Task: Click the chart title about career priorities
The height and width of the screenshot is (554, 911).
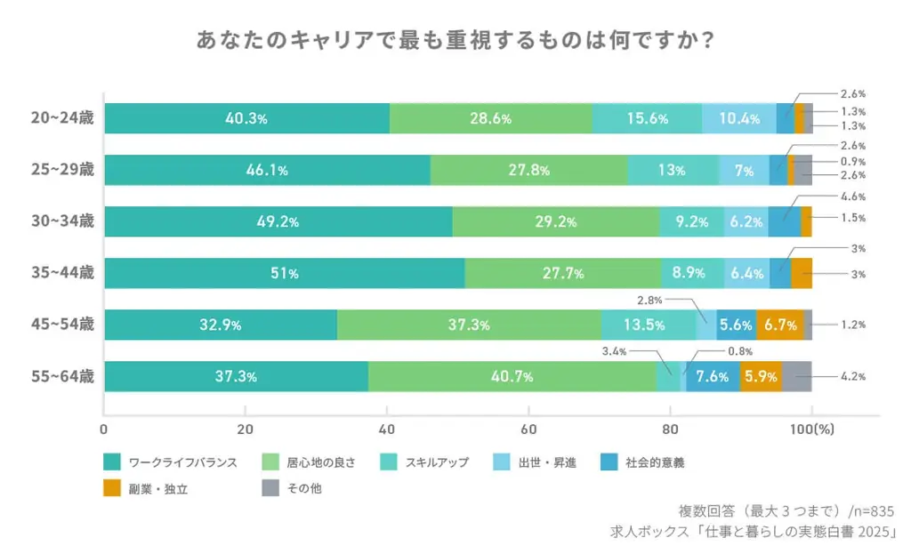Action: [x=455, y=42]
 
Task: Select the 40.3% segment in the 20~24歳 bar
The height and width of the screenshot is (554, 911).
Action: [x=246, y=118]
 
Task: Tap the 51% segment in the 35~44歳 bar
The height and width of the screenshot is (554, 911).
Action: [x=284, y=273]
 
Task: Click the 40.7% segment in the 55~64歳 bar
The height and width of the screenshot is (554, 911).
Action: [x=512, y=376]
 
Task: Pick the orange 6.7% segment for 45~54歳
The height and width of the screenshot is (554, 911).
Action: [x=779, y=325]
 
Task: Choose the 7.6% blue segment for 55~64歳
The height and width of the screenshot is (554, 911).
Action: [x=713, y=376]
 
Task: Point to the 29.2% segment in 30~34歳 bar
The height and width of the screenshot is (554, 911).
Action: [x=555, y=221]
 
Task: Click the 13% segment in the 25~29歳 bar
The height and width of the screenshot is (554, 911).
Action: [x=673, y=170]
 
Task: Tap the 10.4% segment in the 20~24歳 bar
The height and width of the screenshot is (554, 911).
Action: [x=738, y=118]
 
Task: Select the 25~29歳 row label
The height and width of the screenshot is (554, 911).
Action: [x=62, y=170]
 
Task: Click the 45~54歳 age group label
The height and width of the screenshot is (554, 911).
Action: [x=62, y=325]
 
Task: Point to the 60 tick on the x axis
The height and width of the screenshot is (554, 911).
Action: [x=528, y=429]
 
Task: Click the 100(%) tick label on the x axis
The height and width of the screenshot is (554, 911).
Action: [x=811, y=429]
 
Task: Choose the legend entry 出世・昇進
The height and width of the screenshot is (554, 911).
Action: [x=547, y=462]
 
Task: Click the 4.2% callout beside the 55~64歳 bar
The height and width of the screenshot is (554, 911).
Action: [x=853, y=376]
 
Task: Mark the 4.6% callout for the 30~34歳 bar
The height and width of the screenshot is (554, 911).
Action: [x=853, y=197]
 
